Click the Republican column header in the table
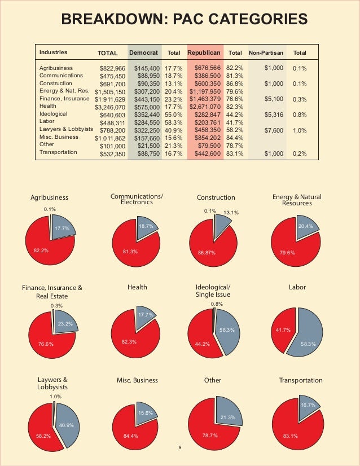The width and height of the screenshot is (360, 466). (x=204, y=52)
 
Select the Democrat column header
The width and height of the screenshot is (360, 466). (x=143, y=52)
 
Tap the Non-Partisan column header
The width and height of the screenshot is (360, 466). (x=266, y=53)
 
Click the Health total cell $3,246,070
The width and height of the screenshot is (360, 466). (x=110, y=107)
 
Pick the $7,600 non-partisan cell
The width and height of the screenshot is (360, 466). (x=274, y=130)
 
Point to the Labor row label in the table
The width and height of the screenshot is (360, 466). (x=47, y=121)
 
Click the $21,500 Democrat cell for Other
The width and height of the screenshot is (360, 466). (x=148, y=146)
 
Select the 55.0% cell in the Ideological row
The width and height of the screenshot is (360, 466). (x=174, y=115)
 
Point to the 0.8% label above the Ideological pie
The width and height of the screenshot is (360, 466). (x=217, y=304)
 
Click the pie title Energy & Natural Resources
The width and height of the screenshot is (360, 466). (x=297, y=200)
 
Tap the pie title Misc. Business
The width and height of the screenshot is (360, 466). (x=137, y=380)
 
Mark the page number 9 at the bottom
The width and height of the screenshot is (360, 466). (x=180, y=447)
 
